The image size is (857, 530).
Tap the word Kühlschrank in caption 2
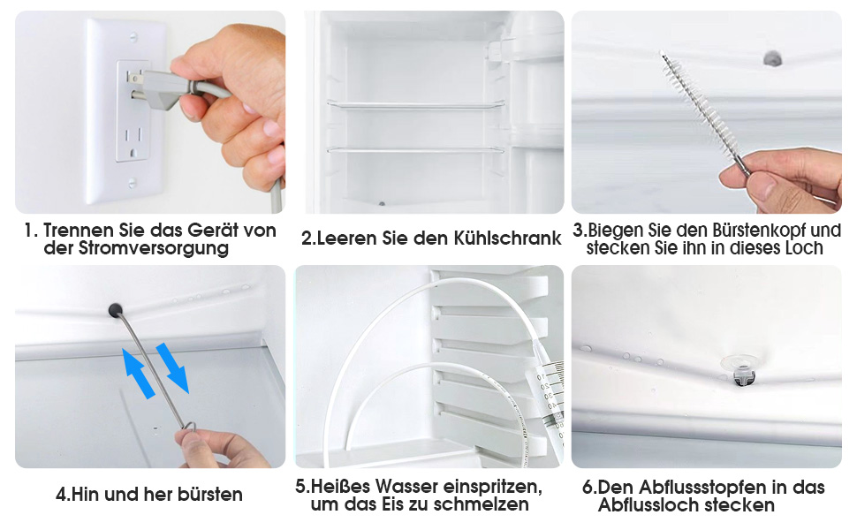point(511,238)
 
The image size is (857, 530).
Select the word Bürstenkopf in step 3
point(749,231)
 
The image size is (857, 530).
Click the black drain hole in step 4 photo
point(115,308)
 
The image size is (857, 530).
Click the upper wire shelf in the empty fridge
point(414,104)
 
